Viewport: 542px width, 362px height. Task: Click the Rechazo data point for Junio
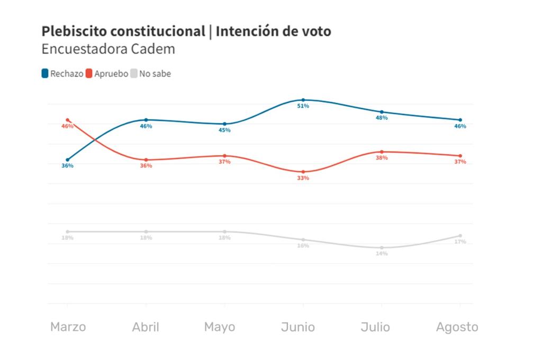pyautogui.click(x=303, y=100)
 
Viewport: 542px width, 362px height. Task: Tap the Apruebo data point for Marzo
pyautogui.click(x=67, y=120)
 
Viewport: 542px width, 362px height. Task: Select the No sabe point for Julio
pyautogui.click(x=382, y=248)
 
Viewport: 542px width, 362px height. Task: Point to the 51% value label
pyautogui.click(x=303, y=107)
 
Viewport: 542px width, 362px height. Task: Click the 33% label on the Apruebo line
pyautogui.click(x=303, y=179)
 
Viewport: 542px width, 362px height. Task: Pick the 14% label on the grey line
pyautogui.click(x=382, y=254)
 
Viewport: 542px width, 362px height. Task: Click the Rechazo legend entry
pyautogui.click(x=62, y=74)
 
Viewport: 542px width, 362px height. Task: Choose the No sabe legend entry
pyautogui.click(x=151, y=74)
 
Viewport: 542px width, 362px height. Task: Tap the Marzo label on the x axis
pyautogui.click(x=68, y=327)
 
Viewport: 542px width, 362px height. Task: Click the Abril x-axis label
pyautogui.click(x=146, y=327)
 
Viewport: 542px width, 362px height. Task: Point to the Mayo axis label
pyautogui.click(x=220, y=327)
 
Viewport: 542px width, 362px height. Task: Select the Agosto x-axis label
pyautogui.click(x=457, y=327)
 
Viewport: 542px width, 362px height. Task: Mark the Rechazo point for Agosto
pyautogui.click(x=460, y=120)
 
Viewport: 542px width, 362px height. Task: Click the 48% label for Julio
pyautogui.click(x=382, y=118)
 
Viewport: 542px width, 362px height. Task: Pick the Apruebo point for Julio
pyautogui.click(x=382, y=152)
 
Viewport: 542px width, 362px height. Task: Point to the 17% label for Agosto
pyautogui.click(x=460, y=242)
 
